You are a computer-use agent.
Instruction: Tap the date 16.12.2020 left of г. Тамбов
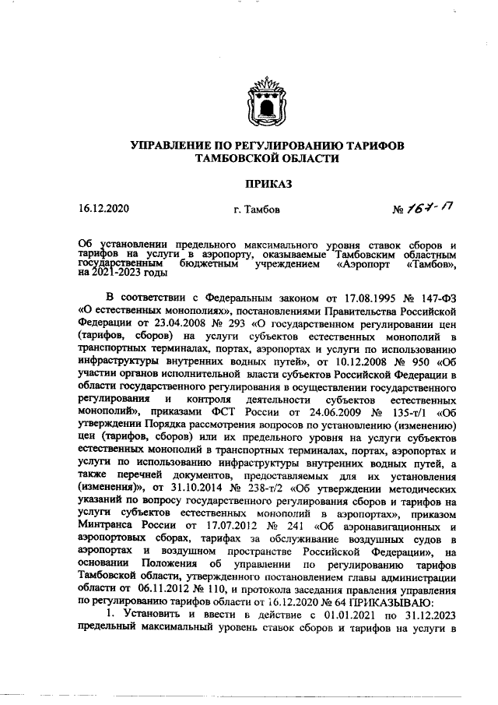(x=103, y=209)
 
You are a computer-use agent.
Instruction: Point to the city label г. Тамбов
(x=262, y=210)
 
